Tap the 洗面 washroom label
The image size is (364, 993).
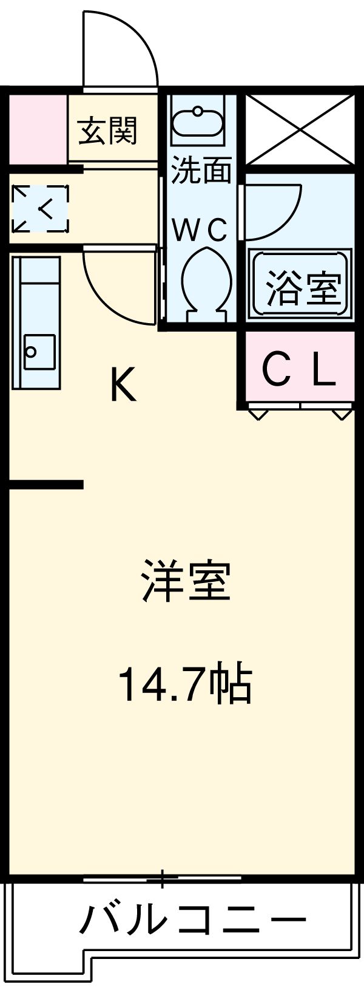201,171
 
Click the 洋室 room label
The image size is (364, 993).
186,581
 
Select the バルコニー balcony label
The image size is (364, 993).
193,921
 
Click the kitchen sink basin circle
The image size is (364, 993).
31,351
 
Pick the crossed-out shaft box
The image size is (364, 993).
300,129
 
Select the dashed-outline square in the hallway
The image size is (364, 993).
40,209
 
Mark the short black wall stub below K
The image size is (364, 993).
45,484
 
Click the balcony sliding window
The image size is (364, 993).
162,878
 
